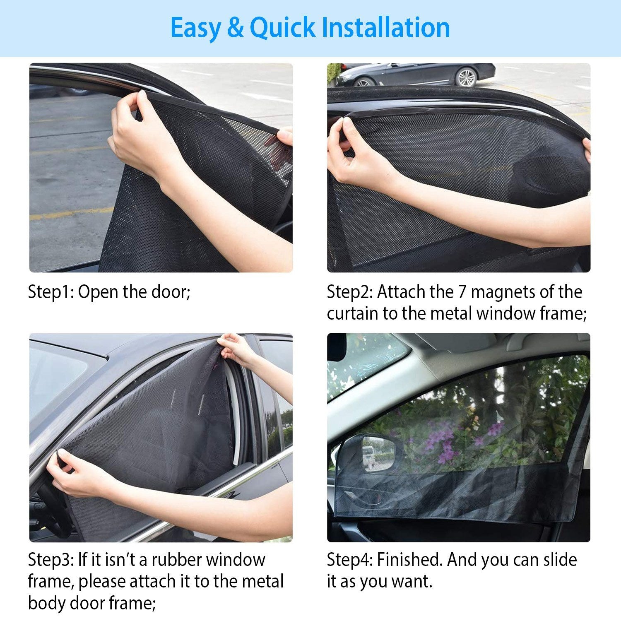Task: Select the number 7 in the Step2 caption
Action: coord(462,292)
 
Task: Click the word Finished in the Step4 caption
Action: coord(410,560)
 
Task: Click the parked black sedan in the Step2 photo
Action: coord(418,75)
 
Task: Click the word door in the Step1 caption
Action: coord(172,292)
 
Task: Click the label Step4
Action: coord(349,560)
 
